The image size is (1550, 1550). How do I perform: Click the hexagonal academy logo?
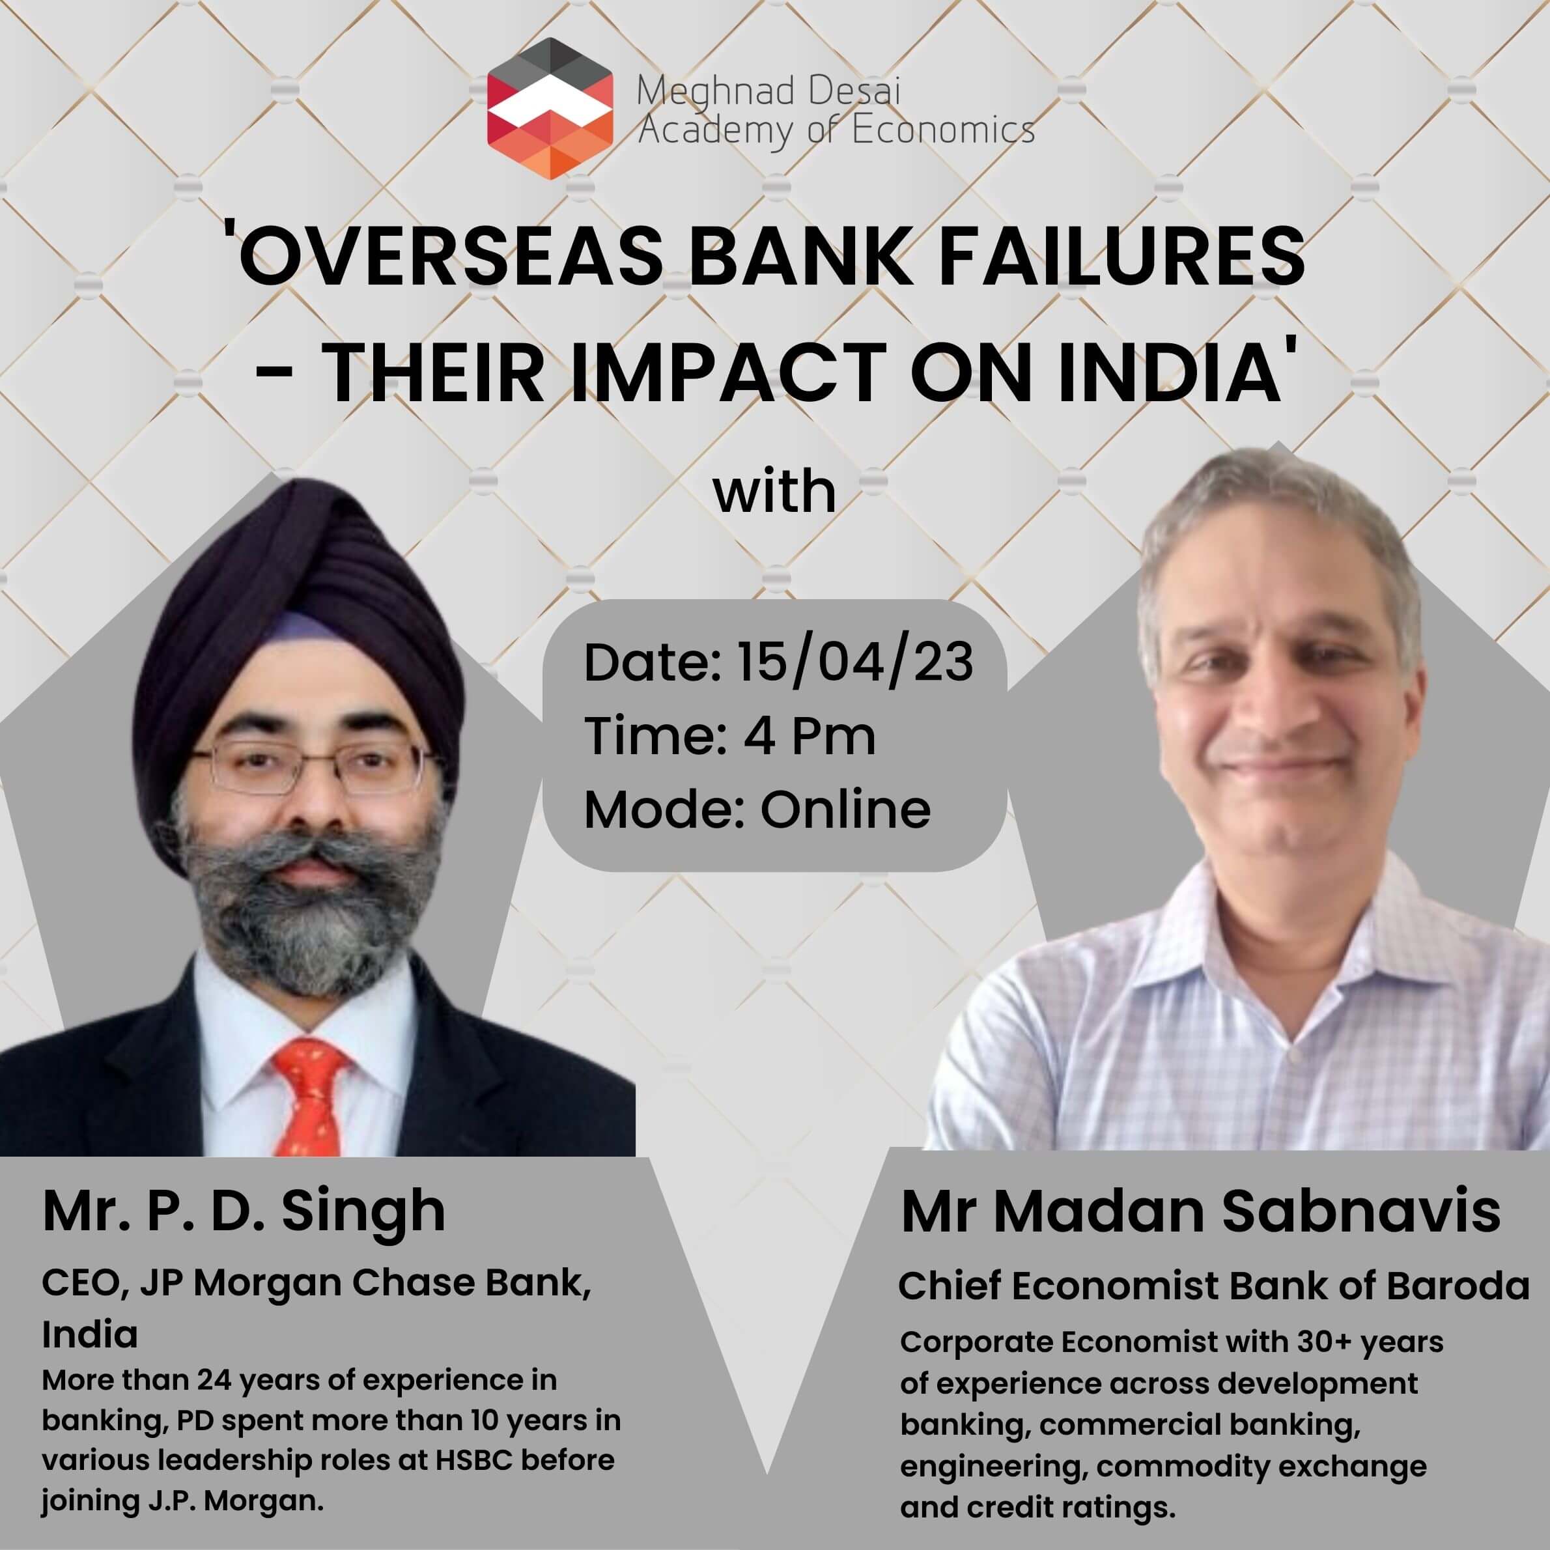point(550,108)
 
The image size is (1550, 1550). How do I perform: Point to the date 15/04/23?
point(855,663)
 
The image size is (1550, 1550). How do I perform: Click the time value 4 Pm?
point(809,736)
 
